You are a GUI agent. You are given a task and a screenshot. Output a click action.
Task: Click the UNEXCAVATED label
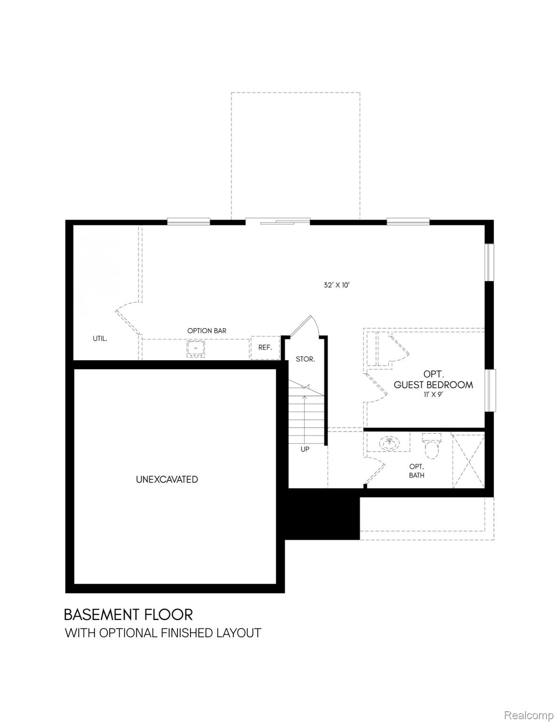pos(167,480)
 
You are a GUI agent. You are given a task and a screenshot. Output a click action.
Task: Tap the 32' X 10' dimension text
pos(336,285)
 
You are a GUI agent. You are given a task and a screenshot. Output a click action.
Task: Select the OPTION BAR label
pos(207,330)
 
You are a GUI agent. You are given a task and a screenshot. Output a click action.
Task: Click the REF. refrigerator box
pos(265,347)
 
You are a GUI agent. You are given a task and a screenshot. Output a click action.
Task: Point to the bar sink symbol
pos(195,349)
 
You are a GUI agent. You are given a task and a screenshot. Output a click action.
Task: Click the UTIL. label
pos(99,338)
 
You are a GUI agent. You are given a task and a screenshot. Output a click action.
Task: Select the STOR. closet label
pos(305,359)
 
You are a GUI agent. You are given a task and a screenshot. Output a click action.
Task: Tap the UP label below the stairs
pos(305,449)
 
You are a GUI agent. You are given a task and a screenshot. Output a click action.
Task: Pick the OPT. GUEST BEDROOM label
pos(433,379)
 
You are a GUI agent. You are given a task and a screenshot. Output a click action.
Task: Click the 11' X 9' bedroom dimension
pos(433,395)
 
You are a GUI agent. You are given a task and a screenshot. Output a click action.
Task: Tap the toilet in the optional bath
pos(431,445)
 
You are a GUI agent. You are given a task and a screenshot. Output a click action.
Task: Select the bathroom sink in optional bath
pos(388,442)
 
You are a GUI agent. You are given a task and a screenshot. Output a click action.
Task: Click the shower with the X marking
pos(468,461)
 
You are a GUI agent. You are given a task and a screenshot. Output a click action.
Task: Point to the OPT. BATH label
pos(416,471)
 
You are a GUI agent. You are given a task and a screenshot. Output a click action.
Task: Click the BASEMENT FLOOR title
pos(128,614)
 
